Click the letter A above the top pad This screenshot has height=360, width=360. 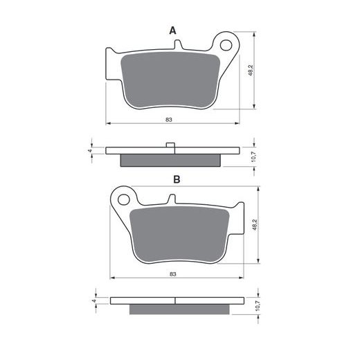click(172, 30)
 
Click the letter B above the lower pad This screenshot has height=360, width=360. click(177, 179)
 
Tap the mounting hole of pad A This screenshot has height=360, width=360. click(226, 45)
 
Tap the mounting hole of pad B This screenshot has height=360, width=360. click(124, 199)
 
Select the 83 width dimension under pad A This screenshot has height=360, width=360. click(169, 120)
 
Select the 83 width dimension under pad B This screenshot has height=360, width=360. click(173, 274)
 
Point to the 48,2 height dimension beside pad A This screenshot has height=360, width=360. click(251, 71)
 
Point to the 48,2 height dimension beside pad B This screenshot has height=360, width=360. click(255, 224)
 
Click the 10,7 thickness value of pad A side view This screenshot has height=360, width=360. click(253, 156)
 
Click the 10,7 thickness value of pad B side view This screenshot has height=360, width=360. click(258, 305)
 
